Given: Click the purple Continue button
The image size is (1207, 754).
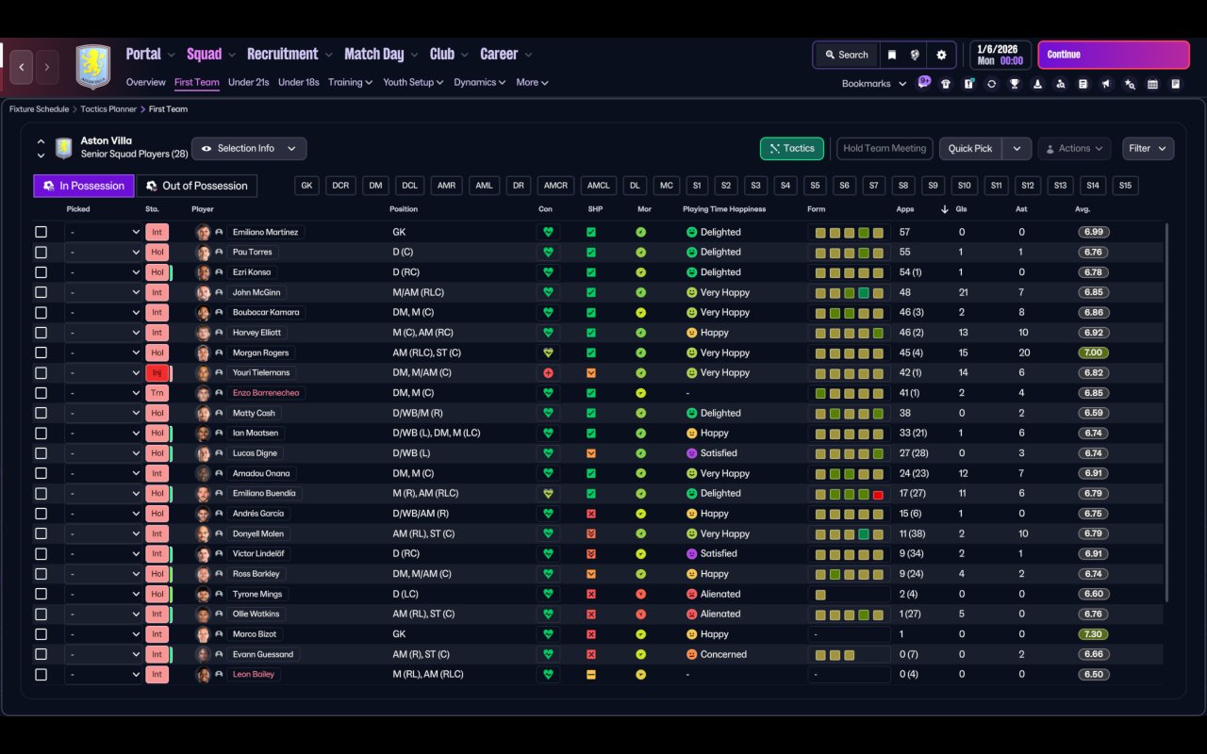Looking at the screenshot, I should pos(1113,55).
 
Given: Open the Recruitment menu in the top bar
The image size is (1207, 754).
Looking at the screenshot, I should pos(282,55).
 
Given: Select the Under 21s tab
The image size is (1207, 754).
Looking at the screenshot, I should pos(248,82).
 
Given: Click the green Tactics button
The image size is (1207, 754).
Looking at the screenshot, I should pos(791,149).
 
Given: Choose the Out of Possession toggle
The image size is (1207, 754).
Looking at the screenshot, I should pos(196,186).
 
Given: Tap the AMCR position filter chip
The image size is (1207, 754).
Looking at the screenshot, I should pos(555,186).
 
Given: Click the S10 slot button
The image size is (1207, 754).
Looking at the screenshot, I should pos(962,186).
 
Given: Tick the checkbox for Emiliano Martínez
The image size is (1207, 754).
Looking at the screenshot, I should pos(41,232).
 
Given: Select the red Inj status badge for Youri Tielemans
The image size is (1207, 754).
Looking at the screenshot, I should pos(157,373).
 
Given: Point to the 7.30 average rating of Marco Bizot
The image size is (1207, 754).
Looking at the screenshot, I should pos(1094,634).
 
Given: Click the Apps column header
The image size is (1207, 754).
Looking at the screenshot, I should pos(904,209).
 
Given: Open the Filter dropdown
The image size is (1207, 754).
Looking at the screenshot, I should pos(1147,149).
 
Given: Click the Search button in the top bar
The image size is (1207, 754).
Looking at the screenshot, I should pos(845,55).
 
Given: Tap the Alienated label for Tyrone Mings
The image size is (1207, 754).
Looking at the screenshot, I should pos(720,594).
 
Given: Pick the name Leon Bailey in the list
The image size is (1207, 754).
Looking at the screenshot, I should pos(254,675).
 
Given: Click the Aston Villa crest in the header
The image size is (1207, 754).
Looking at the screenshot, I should pos(92,67).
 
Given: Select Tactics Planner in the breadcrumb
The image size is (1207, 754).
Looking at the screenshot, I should pos(107,109).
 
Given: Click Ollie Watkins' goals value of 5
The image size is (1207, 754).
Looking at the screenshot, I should pos(962,615).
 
